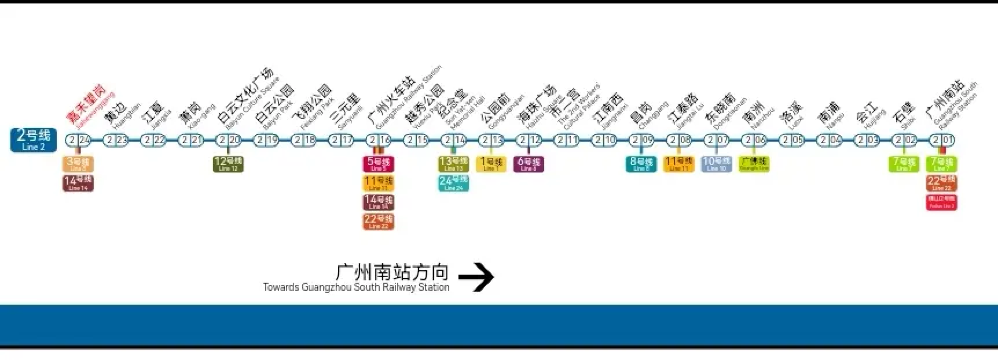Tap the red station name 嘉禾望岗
[86, 103]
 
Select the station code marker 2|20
[229, 140]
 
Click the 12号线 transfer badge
[228, 164]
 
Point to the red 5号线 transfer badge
[378, 163]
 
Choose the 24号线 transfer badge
[453, 182]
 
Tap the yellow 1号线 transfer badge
[491, 164]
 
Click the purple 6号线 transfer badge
[529, 164]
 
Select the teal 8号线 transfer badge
[641, 164]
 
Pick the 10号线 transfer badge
[715, 164]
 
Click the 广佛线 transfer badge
[753, 164]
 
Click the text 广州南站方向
[392, 271]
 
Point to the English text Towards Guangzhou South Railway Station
[356, 288]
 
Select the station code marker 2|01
[941, 140]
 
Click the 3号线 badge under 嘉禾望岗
[78, 163]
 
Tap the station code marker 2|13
[491, 140]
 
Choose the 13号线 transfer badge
[453, 163]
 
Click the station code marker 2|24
[78, 140]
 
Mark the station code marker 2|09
[641, 140]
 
